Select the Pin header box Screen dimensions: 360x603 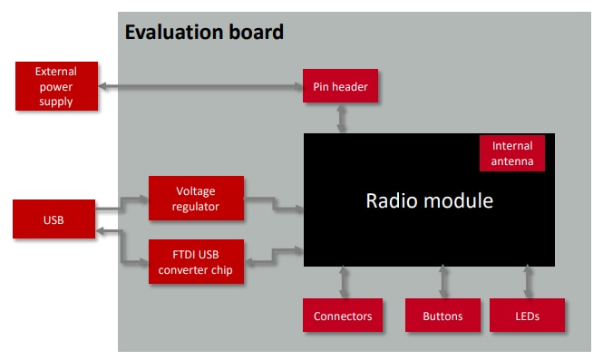(x=341, y=87)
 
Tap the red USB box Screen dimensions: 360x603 (x=54, y=220)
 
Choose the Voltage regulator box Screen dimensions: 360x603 (x=197, y=199)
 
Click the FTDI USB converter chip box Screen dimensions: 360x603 (x=197, y=259)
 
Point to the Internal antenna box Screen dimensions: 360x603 (x=512, y=154)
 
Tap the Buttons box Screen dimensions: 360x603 (x=443, y=316)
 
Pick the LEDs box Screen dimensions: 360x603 (x=527, y=316)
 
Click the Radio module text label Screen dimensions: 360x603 (x=429, y=200)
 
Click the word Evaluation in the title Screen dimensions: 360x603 (x=178, y=33)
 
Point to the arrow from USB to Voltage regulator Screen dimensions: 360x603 (x=122, y=205)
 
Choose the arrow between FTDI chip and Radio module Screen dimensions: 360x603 (x=274, y=255)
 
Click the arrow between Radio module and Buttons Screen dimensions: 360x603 (x=443, y=282)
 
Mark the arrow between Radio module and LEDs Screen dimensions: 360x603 (x=527, y=282)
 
